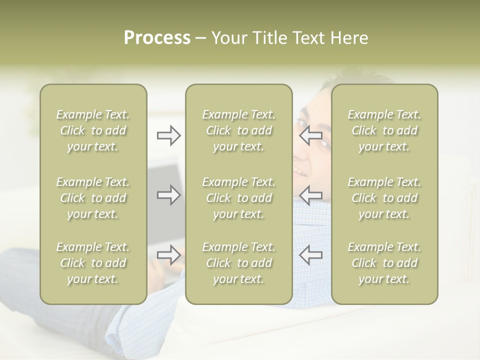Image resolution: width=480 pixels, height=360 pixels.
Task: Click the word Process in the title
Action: pyautogui.click(x=157, y=38)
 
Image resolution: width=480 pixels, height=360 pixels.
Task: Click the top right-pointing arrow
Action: pyautogui.click(x=168, y=135)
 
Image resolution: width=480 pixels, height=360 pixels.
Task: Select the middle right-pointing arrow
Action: pyautogui.click(x=168, y=195)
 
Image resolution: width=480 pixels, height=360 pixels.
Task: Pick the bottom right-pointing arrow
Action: pyautogui.click(x=168, y=254)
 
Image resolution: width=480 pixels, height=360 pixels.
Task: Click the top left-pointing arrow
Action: pyautogui.click(x=310, y=135)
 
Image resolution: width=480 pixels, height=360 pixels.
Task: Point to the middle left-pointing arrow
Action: pyautogui.click(x=310, y=195)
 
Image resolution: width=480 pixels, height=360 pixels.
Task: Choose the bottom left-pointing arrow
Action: pyautogui.click(x=310, y=254)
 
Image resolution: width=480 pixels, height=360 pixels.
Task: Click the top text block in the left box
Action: pyautogui.click(x=93, y=130)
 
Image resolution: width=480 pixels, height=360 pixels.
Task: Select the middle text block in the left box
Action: pyautogui.click(x=93, y=198)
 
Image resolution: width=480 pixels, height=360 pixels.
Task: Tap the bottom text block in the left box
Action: pyautogui.click(x=93, y=263)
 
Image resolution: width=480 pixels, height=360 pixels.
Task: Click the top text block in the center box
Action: pyautogui.click(x=238, y=130)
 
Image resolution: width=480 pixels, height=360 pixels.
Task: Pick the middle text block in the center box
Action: pyautogui.click(x=238, y=198)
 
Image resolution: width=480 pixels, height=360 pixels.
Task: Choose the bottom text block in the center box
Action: pyautogui.click(x=238, y=263)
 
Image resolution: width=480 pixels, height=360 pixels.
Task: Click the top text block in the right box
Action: pyautogui.click(x=384, y=130)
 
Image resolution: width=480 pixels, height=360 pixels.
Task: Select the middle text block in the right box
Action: pyautogui.click(x=384, y=198)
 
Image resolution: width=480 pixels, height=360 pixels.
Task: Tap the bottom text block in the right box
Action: pyautogui.click(x=384, y=263)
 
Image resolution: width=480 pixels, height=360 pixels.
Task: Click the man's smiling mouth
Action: pyautogui.click(x=299, y=172)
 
